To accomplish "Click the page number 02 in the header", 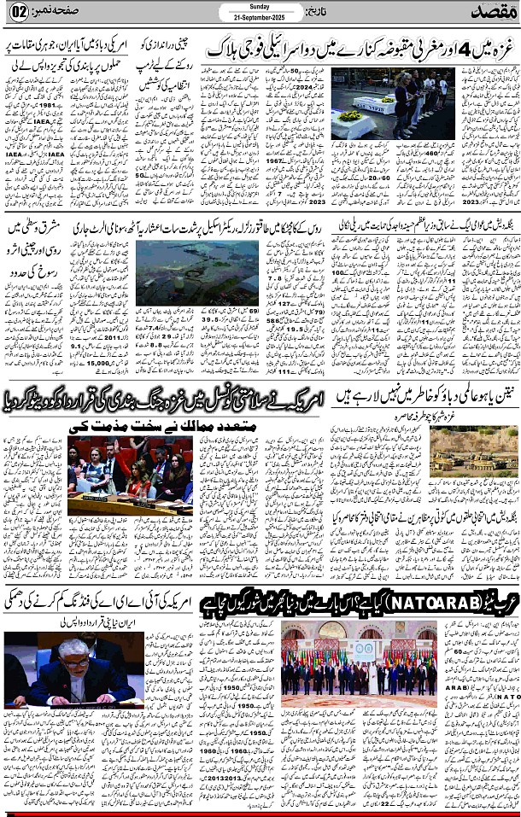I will (19, 13).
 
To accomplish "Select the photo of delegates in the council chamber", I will (130, 476).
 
